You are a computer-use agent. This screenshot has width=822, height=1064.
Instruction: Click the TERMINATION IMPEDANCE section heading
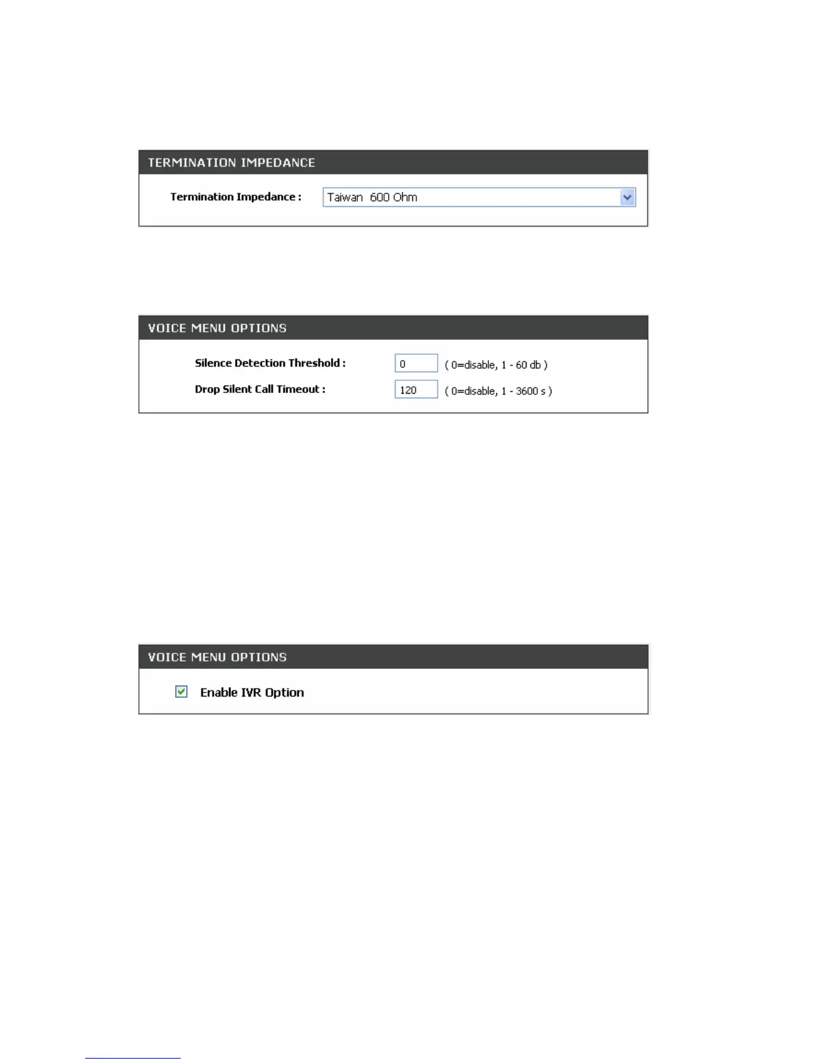coord(231,163)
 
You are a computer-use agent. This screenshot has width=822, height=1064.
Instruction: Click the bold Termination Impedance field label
coord(235,197)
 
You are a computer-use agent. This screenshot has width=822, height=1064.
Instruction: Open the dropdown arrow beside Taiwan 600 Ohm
coord(627,197)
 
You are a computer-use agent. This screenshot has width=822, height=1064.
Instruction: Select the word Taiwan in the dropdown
coord(345,197)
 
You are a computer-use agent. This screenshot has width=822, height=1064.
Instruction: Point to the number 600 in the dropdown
coord(379,197)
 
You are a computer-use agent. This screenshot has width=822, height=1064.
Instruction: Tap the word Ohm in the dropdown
coord(405,197)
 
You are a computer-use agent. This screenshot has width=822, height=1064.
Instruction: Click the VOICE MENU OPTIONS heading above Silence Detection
coord(217,328)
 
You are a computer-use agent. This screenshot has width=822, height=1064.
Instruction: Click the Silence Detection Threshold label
coord(270,363)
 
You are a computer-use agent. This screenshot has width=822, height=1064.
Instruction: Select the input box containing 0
coord(416,363)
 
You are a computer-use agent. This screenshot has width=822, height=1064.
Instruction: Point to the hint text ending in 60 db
coord(496,365)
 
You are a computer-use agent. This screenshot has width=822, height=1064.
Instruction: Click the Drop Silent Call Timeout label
coord(260,390)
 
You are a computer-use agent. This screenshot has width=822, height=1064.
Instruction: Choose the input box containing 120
coord(416,390)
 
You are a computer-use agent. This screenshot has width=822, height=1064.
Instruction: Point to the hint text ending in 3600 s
coord(498,391)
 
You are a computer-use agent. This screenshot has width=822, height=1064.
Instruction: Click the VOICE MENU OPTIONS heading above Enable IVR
coord(217,657)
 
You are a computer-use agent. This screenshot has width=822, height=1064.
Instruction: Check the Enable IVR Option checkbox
coord(181,692)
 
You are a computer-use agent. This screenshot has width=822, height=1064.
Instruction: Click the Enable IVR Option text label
coord(252,693)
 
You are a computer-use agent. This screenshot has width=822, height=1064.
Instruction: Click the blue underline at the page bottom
coord(132,1058)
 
